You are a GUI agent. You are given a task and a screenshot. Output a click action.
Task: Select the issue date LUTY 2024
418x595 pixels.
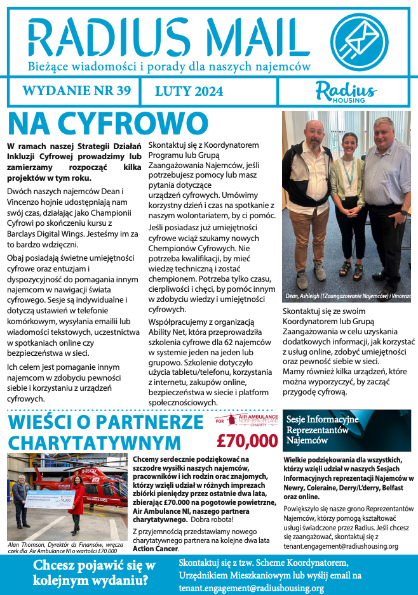(x=189, y=91)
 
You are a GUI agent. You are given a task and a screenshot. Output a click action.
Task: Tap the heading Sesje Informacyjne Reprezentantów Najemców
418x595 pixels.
(x=323, y=429)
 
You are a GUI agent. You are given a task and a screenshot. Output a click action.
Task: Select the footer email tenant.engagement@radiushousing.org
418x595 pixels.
(x=252, y=588)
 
